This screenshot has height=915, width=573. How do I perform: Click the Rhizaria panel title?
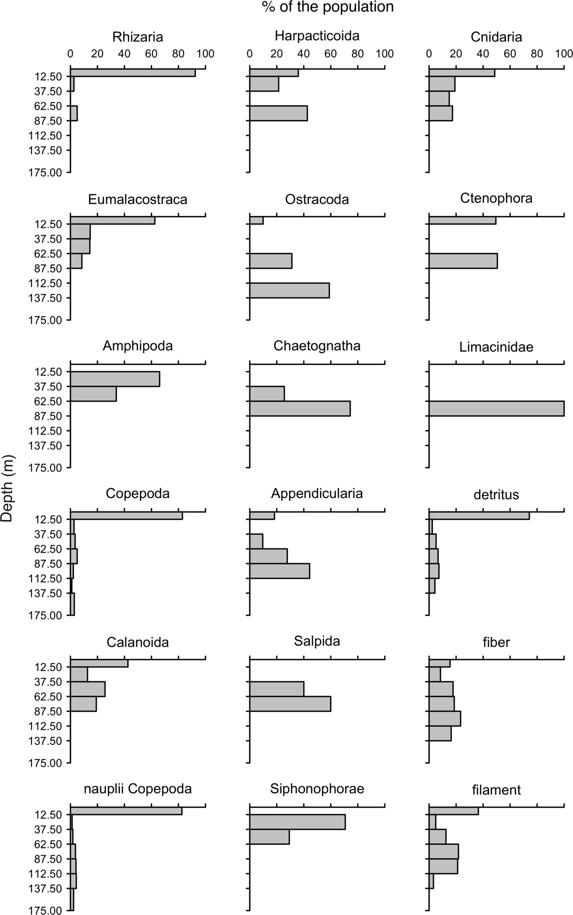(138, 37)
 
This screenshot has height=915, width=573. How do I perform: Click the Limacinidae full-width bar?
(496, 408)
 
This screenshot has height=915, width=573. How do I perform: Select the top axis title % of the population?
(327, 7)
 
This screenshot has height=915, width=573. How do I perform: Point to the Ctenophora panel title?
(496, 198)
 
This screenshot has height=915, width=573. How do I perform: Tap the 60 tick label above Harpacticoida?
(330, 54)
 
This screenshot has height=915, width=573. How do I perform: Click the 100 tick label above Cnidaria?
(563, 54)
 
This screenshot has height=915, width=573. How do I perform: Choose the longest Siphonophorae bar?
(297, 822)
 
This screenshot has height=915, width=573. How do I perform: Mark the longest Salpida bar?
(290, 704)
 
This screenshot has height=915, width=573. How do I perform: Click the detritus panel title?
(496, 495)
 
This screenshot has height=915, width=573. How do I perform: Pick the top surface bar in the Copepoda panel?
(126, 516)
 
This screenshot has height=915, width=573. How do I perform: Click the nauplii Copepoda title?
(138, 789)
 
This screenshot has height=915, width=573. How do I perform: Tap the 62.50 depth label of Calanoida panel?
(48, 697)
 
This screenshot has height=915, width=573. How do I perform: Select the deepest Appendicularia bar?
(279, 571)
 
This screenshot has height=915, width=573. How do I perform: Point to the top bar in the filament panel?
(453, 811)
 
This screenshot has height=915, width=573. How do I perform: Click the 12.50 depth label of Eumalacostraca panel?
(48, 224)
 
